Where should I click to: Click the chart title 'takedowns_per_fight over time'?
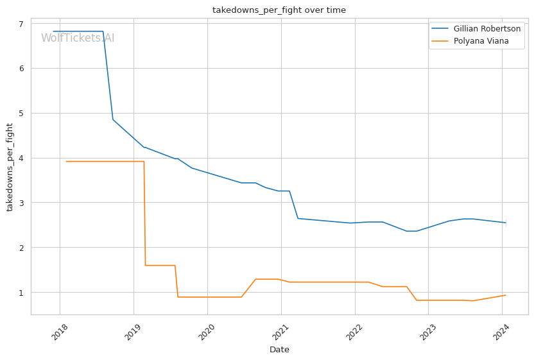[279, 10]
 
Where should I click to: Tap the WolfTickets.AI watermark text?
[78, 39]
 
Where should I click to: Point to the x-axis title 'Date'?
[279, 350]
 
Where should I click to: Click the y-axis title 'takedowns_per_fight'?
[10, 167]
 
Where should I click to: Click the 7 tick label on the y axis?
[21, 24]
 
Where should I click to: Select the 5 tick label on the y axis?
[21, 114]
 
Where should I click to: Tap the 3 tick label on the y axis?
[21, 203]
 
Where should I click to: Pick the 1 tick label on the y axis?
[21, 293]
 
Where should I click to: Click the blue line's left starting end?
[53, 31]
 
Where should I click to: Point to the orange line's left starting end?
[66, 162]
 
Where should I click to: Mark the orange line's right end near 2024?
[506, 295]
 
